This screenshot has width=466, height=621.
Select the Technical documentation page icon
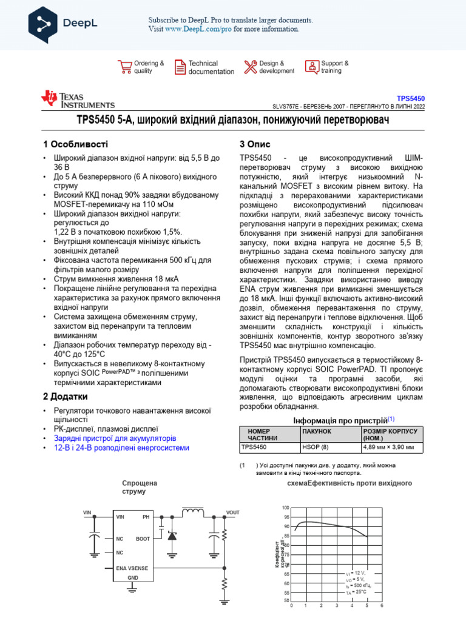coord(180,67)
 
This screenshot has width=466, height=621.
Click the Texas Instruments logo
coord(78,99)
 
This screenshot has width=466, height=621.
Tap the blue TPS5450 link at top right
coord(411,98)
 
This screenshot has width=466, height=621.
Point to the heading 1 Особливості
coord(76,144)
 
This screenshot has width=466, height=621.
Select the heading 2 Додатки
coord(69,397)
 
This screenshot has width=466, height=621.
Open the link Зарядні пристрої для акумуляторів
coord(115,437)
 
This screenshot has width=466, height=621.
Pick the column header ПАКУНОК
coord(316,431)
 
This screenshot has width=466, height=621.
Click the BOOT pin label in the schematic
coord(143,539)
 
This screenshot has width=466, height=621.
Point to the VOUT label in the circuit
coord(232,512)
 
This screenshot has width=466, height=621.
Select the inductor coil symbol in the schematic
coord(193,513)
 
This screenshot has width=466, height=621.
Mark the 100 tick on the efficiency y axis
coord(286,507)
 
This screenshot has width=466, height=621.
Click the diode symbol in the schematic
coord(172,536)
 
